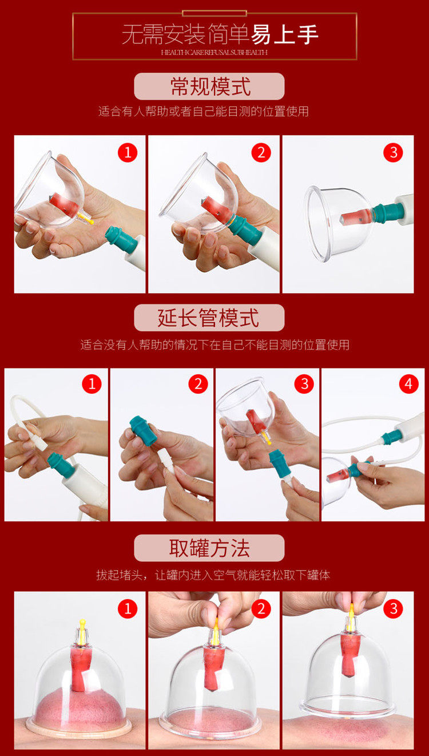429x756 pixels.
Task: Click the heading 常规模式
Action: [210, 86]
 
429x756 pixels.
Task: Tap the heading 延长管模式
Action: [209, 318]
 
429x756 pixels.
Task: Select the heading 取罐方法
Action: [209, 548]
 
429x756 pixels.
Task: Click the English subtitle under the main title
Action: [214, 52]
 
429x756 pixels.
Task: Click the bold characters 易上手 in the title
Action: [285, 34]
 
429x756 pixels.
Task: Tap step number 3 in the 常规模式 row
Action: [393, 153]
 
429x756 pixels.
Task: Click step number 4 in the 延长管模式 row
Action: [408, 384]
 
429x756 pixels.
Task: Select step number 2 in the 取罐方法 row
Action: [261, 608]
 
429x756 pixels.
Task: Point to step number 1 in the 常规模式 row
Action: [128, 153]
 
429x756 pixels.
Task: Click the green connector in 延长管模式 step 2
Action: [144, 431]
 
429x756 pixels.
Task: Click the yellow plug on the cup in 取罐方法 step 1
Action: [82, 626]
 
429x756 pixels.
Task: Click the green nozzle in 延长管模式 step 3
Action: [280, 463]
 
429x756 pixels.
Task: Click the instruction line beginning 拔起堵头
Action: [213, 575]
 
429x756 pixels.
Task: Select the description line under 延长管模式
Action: [214, 345]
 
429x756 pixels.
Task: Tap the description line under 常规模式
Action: [204, 112]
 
